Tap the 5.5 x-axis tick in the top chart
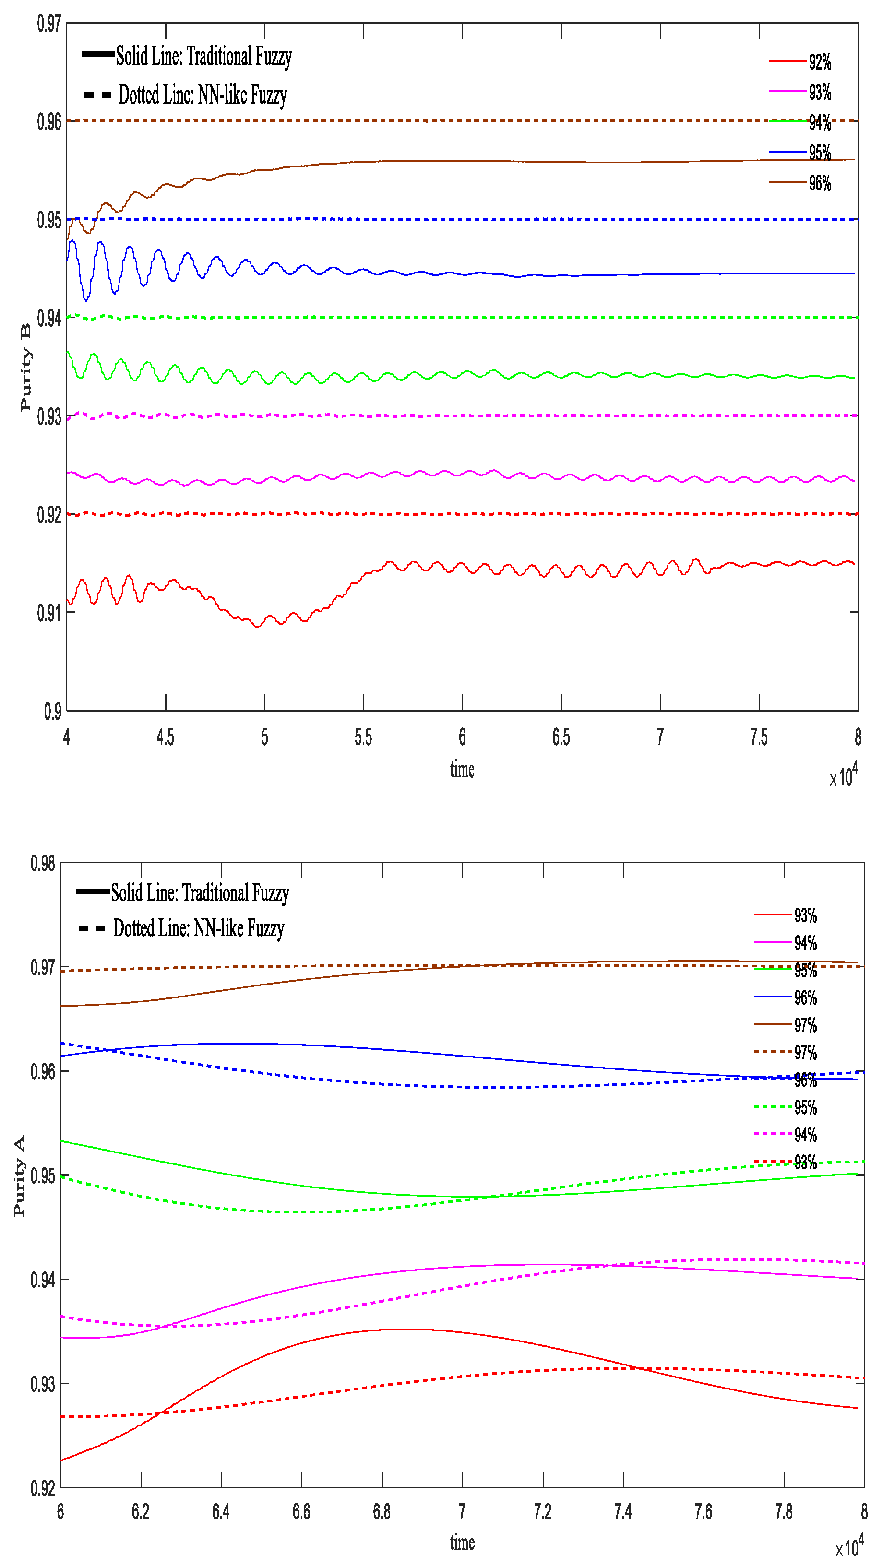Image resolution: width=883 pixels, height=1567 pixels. click(x=363, y=737)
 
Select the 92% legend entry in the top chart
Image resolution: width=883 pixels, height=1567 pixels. click(x=819, y=62)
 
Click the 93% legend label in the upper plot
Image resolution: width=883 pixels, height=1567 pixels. click(x=819, y=93)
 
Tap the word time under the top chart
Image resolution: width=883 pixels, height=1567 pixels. click(x=462, y=770)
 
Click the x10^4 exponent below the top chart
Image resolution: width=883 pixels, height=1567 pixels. click(x=844, y=776)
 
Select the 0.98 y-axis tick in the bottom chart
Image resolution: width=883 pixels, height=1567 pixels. click(x=43, y=863)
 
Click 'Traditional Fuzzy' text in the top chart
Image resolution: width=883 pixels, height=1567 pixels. click(x=239, y=57)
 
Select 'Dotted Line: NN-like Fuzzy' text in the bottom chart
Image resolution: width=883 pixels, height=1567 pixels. click(x=198, y=928)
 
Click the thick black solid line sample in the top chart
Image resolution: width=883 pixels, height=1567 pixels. click(x=97, y=54)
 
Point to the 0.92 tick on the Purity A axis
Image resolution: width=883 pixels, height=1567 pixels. click(x=43, y=1488)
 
